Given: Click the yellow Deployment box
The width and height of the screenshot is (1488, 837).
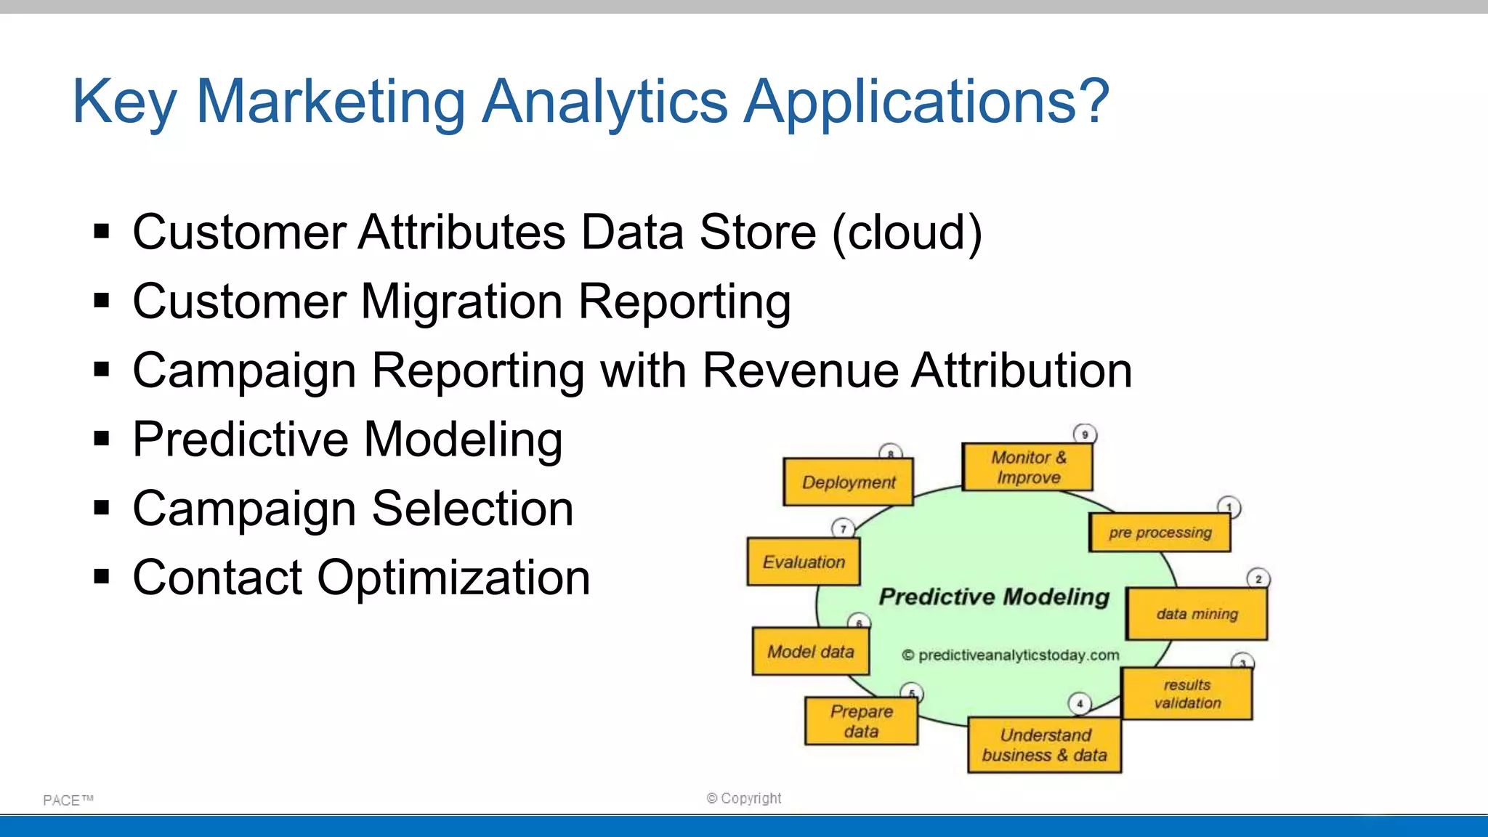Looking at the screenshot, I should (x=848, y=482).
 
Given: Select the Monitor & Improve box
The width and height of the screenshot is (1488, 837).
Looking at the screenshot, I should (x=1027, y=467).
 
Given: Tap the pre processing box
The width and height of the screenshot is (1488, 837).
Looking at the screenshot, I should (x=1160, y=533).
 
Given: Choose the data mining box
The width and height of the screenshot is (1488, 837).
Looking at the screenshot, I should (x=1197, y=614).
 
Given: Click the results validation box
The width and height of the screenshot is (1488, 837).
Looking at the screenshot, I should (x=1186, y=694).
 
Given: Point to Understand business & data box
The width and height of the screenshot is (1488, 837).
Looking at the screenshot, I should (x=1044, y=745).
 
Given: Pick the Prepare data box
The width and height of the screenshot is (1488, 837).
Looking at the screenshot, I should (x=861, y=721).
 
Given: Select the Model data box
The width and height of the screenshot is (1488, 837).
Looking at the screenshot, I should (x=810, y=652).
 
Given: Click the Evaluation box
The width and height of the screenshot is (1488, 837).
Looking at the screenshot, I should (x=804, y=562).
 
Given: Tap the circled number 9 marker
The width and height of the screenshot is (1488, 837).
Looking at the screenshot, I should (x=1085, y=434).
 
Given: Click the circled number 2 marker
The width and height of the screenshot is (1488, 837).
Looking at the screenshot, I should (x=1258, y=579).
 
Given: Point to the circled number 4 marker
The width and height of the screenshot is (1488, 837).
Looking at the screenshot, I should (x=1080, y=703).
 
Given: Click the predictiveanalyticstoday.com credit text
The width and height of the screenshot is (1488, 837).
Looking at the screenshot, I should (x=1011, y=655).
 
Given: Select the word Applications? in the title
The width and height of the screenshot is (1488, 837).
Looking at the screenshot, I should (x=927, y=102).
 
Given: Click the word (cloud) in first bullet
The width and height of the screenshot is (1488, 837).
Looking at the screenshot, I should (x=907, y=232).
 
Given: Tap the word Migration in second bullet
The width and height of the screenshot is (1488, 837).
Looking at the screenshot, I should (x=461, y=302).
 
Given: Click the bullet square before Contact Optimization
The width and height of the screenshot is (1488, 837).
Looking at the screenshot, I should (x=102, y=577).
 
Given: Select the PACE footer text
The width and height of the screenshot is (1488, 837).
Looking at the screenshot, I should (x=68, y=800).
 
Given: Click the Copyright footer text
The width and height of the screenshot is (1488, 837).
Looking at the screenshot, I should (x=744, y=798).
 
